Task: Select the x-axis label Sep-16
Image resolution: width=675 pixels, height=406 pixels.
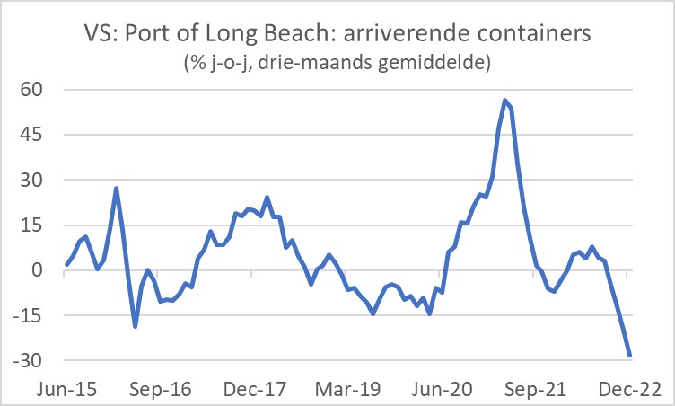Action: coord(162,390)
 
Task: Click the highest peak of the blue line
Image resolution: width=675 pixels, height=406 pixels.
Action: coord(505,100)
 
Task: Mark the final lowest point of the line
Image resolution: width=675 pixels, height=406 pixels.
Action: coord(630,356)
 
